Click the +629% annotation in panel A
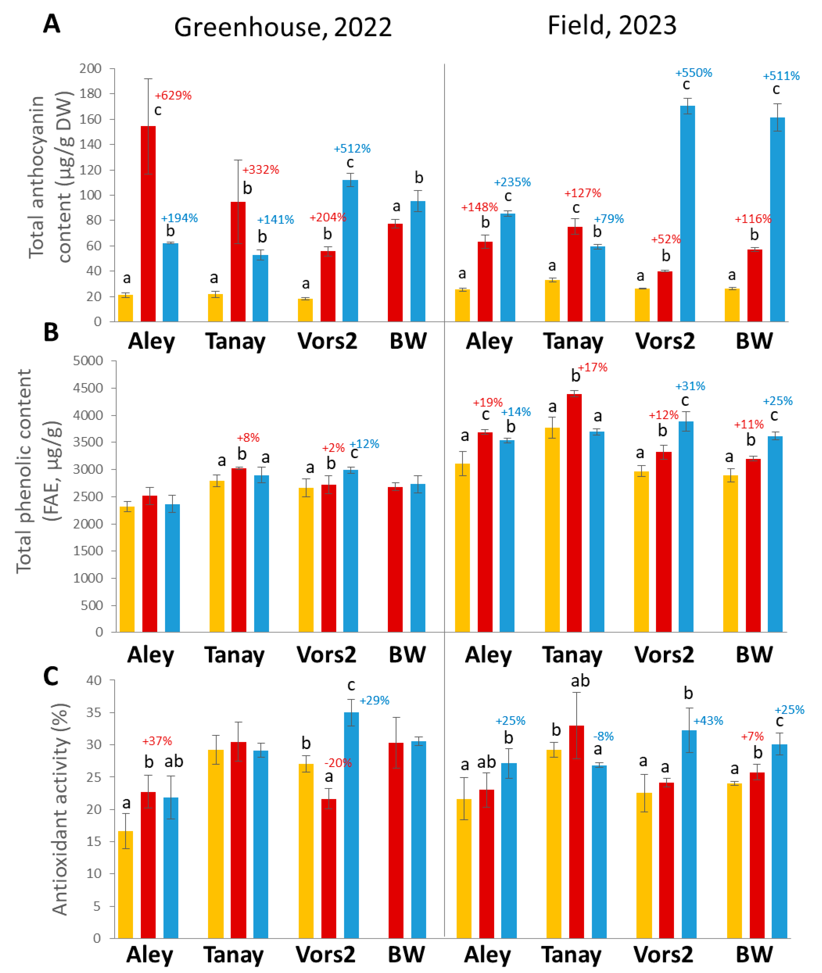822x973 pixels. (173, 95)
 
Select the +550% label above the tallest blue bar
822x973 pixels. (693, 73)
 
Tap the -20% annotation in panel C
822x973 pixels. (338, 763)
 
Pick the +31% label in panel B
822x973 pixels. (690, 386)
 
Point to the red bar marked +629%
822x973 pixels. (148, 224)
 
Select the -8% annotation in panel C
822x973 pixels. (603, 736)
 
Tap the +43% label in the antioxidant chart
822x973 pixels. (708, 721)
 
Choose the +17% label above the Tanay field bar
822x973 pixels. (593, 368)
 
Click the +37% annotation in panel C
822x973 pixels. (157, 741)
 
